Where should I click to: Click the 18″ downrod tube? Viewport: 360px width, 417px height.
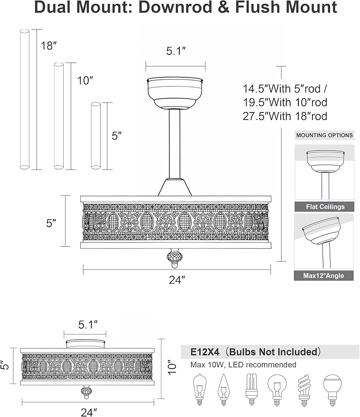point(25,99)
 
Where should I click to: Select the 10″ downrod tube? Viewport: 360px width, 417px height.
point(59,116)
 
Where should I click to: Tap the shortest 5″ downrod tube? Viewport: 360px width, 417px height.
point(96,136)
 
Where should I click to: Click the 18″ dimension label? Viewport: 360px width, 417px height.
point(49,46)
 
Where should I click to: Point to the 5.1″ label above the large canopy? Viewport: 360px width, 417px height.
point(176,51)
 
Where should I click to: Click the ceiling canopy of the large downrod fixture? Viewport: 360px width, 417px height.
point(175,93)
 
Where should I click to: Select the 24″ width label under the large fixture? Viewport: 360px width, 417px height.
point(177,279)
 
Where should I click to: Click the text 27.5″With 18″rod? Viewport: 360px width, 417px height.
point(285,116)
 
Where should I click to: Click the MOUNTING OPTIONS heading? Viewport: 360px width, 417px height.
point(324,135)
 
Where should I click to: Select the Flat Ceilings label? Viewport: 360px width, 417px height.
point(325,207)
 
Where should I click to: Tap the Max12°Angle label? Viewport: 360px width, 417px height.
point(323,276)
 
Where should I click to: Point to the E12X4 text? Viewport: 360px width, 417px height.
point(205,352)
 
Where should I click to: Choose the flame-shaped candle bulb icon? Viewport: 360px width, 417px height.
point(223,389)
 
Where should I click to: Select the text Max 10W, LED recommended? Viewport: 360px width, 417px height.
point(243,365)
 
